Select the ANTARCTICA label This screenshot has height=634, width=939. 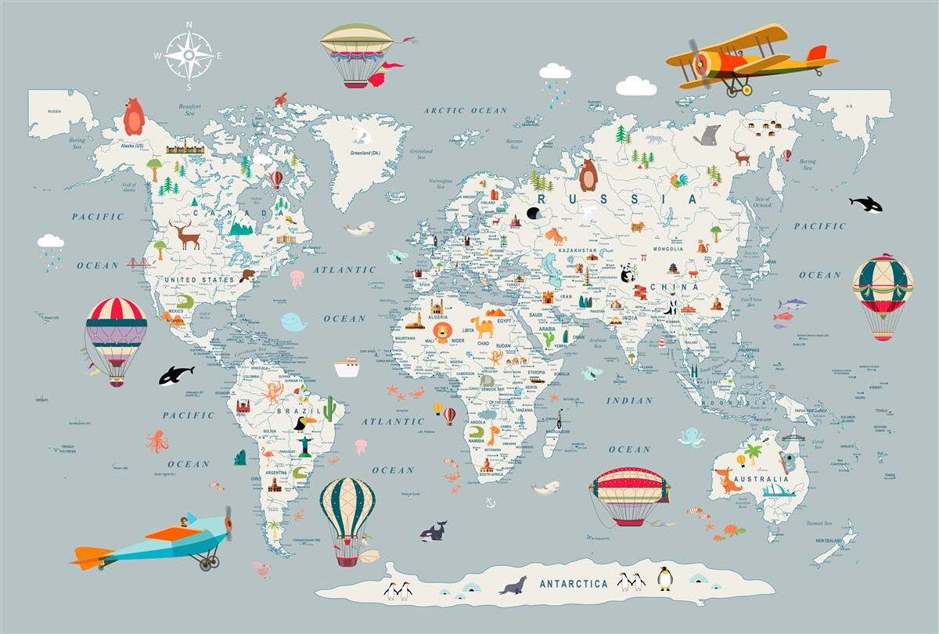(574, 584)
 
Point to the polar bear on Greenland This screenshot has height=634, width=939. (361, 134)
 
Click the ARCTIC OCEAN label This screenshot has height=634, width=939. (466, 111)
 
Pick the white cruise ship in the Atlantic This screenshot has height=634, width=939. (346, 367)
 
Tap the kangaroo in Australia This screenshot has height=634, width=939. (729, 480)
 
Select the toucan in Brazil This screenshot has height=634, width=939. (302, 425)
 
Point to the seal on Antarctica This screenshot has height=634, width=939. (513, 585)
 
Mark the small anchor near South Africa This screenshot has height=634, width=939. (491, 502)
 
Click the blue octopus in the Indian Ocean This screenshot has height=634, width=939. (691, 437)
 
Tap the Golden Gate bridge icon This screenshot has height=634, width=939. (139, 263)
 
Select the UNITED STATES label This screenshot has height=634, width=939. (199, 279)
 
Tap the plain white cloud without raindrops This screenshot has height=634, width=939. (635, 86)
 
